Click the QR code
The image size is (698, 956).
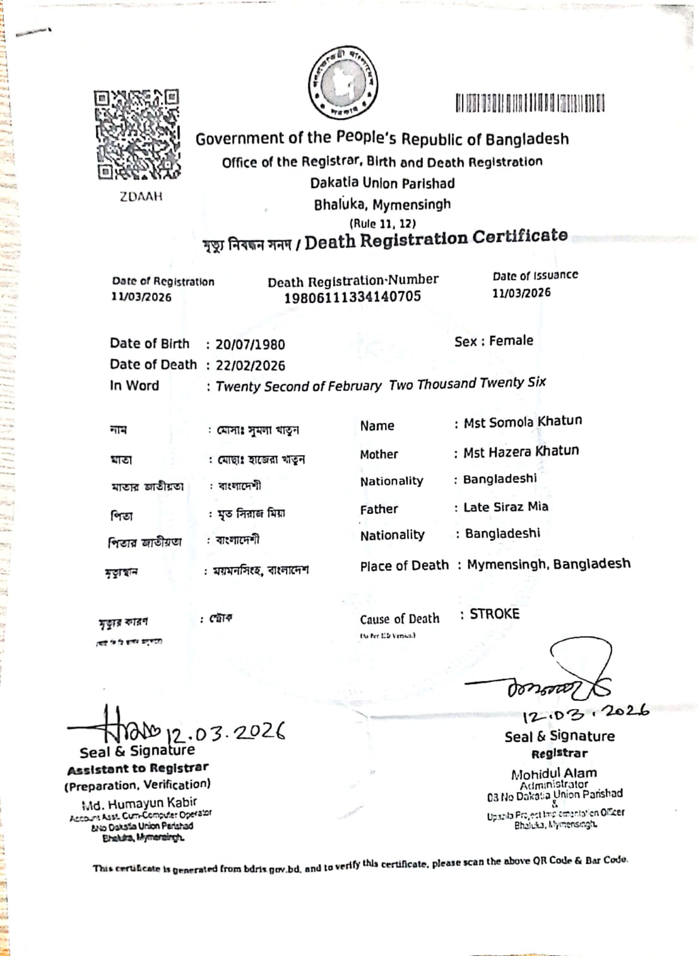(x=137, y=134)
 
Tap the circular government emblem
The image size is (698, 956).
(x=343, y=83)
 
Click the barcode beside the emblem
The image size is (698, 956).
(x=529, y=103)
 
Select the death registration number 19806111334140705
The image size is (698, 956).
(x=352, y=297)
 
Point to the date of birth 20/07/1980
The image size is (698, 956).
(x=250, y=345)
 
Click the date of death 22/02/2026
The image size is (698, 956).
(x=250, y=366)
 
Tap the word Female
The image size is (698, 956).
(x=511, y=341)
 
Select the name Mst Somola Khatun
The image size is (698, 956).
(x=523, y=422)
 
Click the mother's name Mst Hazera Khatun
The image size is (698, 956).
(x=521, y=451)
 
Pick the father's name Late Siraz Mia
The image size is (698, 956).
(x=506, y=507)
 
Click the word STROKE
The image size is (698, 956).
(x=494, y=614)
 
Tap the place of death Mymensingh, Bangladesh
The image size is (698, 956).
(x=548, y=565)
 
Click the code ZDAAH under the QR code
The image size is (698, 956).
(x=141, y=196)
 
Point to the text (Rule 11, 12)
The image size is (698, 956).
(x=382, y=224)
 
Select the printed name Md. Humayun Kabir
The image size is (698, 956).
(x=139, y=804)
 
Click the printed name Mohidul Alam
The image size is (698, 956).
(x=553, y=774)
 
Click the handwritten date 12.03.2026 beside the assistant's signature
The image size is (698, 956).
(x=225, y=732)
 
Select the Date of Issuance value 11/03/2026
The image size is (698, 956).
(x=521, y=293)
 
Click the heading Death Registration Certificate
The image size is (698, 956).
(x=435, y=239)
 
